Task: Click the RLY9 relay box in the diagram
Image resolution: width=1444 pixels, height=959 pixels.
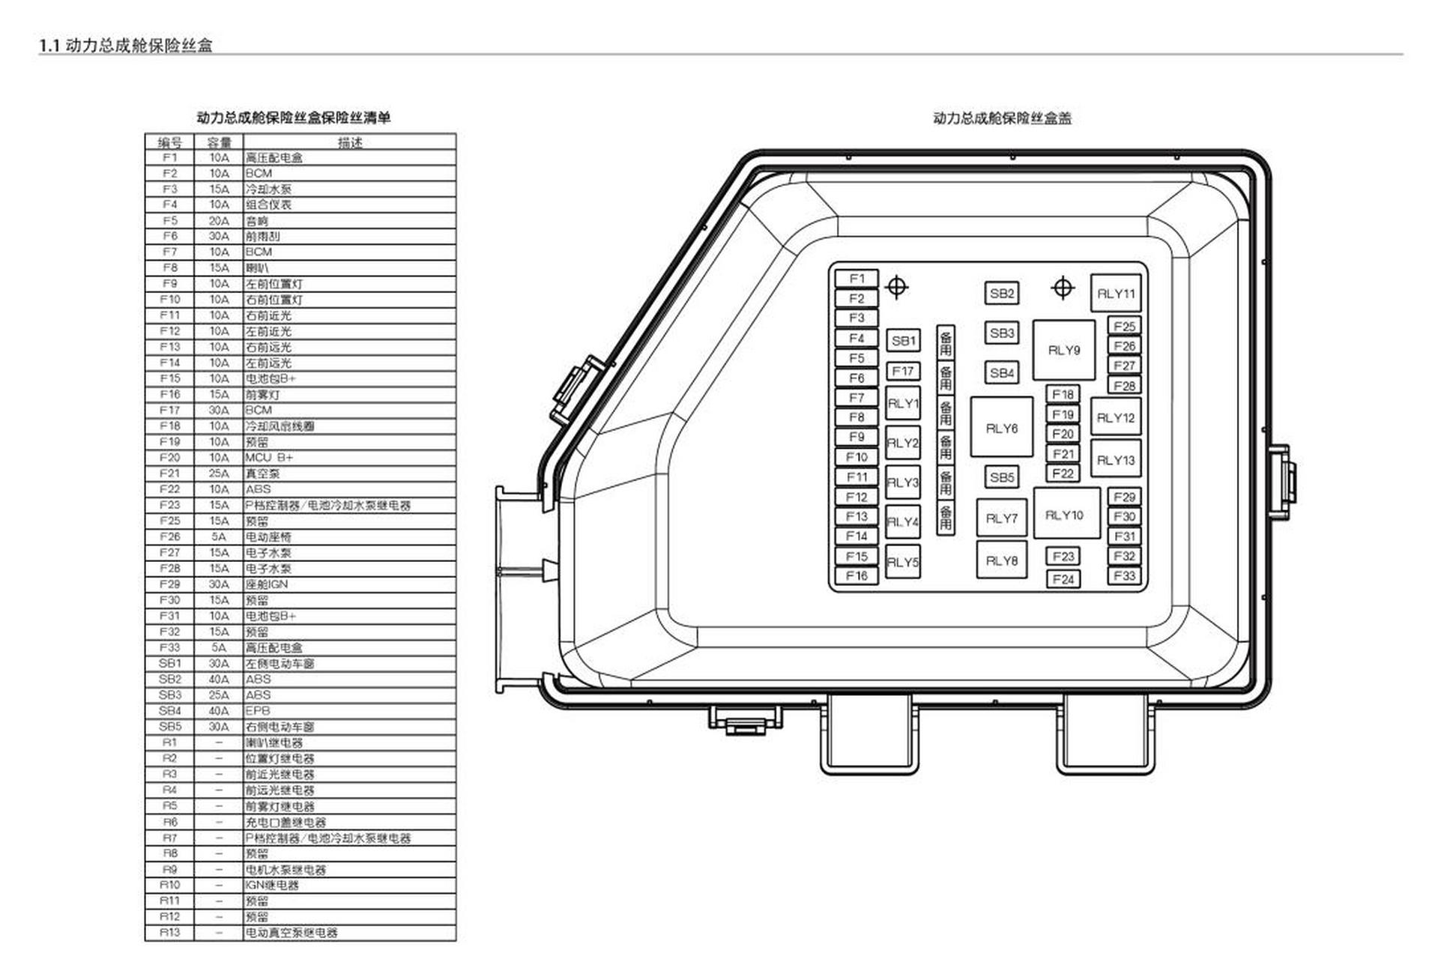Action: (1063, 350)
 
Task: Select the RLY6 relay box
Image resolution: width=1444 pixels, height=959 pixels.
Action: (1001, 428)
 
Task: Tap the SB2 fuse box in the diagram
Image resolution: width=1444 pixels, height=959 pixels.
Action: (1001, 293)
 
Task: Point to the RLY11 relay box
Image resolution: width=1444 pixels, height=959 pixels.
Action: (1115, 293)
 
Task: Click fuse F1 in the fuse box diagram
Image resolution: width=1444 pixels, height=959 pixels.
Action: (857, 279)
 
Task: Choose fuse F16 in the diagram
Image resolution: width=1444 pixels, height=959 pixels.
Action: (857, 575)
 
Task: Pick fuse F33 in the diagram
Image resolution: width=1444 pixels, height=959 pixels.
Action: (1124, 575)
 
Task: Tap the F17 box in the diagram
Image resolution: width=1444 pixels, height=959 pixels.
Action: (903, 371)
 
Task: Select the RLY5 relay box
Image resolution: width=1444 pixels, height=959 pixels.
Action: (903, 561)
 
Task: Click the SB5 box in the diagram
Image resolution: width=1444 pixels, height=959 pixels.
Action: (1001, 477)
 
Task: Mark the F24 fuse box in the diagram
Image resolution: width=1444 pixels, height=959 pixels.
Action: (1063, 578)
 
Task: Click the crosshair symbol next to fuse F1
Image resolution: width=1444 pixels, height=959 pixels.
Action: (896, 286)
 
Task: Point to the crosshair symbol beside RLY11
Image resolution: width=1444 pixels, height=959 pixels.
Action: (1063, 287)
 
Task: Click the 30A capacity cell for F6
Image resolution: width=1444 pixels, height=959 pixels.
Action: (219, 236)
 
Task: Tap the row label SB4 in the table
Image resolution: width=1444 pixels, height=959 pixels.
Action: (170, 710)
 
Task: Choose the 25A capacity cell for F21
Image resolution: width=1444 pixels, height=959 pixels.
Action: (219, 474)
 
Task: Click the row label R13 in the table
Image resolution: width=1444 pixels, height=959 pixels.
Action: (170, 932)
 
